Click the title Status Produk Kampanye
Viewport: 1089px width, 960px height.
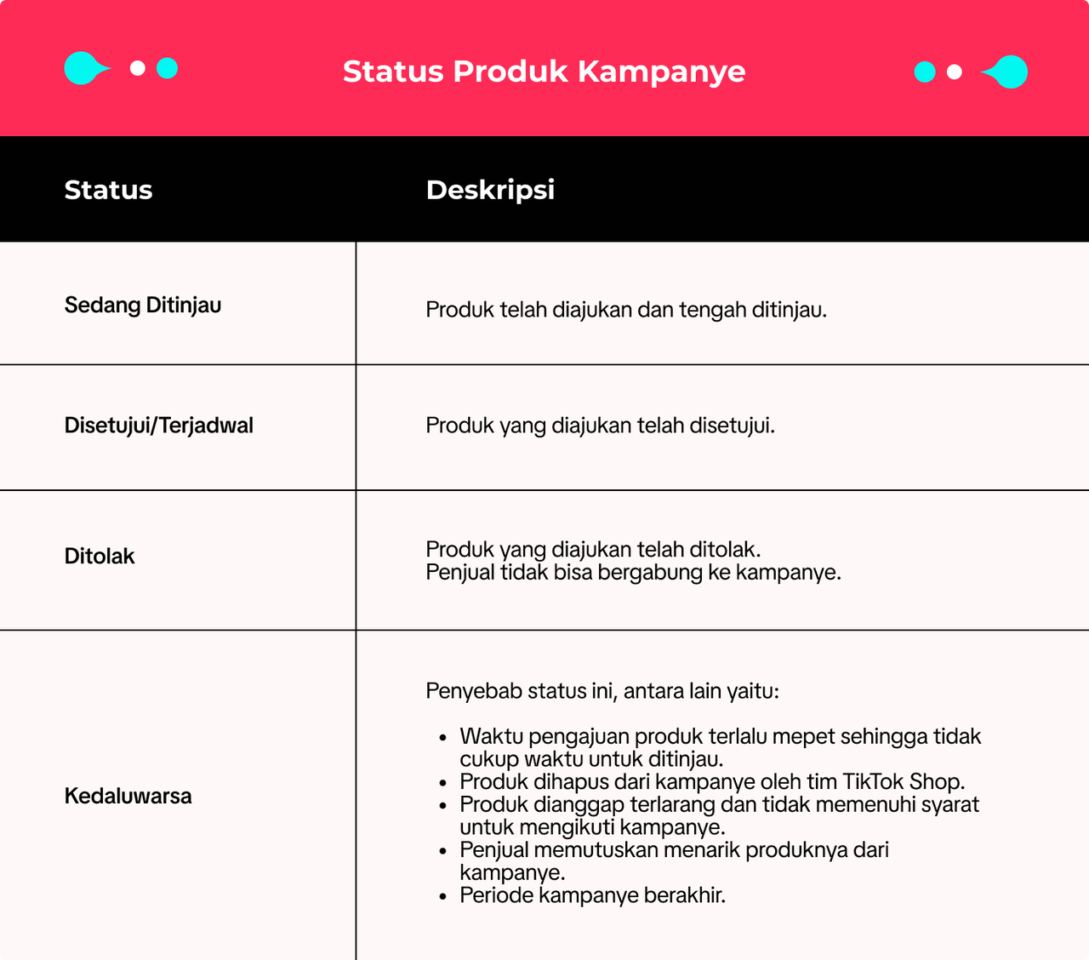[x=544, y=71]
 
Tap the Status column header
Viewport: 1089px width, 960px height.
[x=108, y=190]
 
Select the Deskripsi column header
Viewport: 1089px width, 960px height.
[x=490, y=190]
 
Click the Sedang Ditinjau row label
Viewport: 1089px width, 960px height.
[x=143, y=306]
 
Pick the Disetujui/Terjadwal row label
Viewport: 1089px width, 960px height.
[x=159, y=426]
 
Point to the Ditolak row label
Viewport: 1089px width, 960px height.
[x=100, y=557]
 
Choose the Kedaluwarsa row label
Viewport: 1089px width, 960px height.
[x=128, y=797]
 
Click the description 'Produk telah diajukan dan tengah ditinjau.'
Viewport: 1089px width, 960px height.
[x=626, y=310]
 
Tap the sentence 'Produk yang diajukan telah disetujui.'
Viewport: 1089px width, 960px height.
[x=601, y=426]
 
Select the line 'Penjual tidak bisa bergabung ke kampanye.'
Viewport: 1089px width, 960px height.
[x=633, y=573]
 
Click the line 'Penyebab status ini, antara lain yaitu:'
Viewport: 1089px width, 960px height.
[x=602, y=691]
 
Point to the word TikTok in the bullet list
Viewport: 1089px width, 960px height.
[x=873, y=782]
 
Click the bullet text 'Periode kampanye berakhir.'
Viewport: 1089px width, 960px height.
[x=592, y=895]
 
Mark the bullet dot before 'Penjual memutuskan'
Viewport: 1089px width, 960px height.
[x=442, y=850]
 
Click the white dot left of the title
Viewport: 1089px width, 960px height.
[x=138, y=68]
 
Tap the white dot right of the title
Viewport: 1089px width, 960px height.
[x=955, y=72]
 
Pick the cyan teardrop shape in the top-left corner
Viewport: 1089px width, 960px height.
[x=83, y=68]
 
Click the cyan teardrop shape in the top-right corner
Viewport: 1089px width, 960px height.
[x=1008, y=72]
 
